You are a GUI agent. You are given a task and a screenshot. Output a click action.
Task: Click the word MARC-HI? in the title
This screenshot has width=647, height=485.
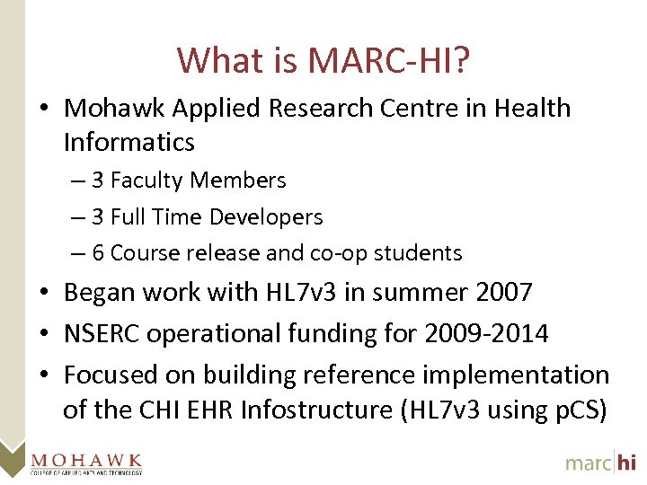click(x=389, y=61)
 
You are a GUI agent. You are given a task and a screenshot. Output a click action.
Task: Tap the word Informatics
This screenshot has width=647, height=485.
click(x=129, y=142)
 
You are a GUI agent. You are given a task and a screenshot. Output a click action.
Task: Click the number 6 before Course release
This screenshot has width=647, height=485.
click(x=98, y=253)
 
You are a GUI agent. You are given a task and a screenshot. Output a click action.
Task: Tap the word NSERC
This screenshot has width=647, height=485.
click(x=102, y=333)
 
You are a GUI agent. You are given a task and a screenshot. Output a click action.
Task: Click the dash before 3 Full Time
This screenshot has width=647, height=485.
click(x=78, y=217)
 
